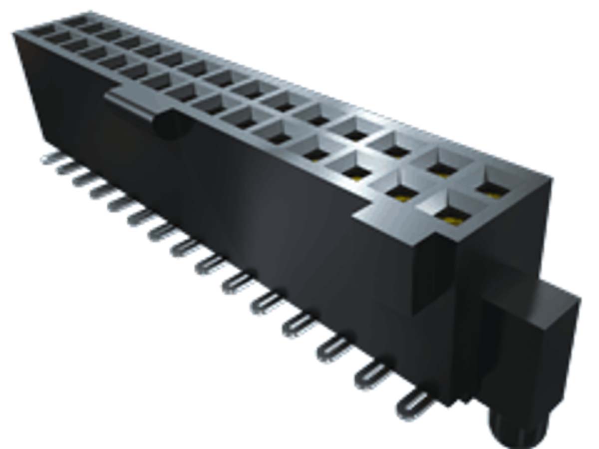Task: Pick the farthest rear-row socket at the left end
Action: click(75, 21)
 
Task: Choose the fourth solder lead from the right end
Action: click(299, 325)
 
